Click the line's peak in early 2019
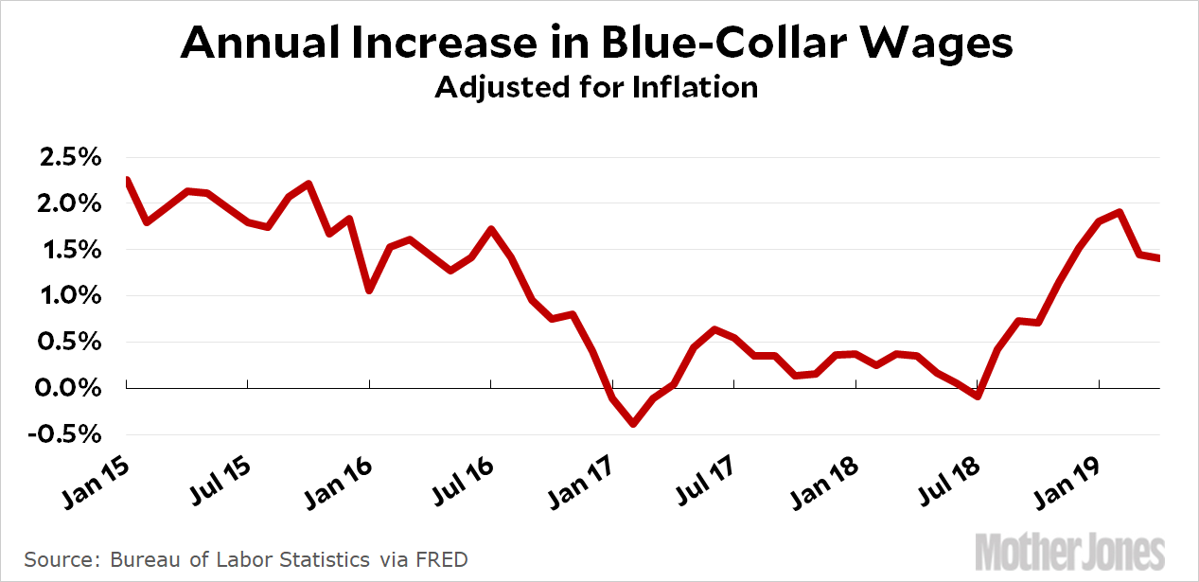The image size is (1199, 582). [x=1120, y=212]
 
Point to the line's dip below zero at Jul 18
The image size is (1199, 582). [x=978, y=396]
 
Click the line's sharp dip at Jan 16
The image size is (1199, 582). [x=369, y=290]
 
